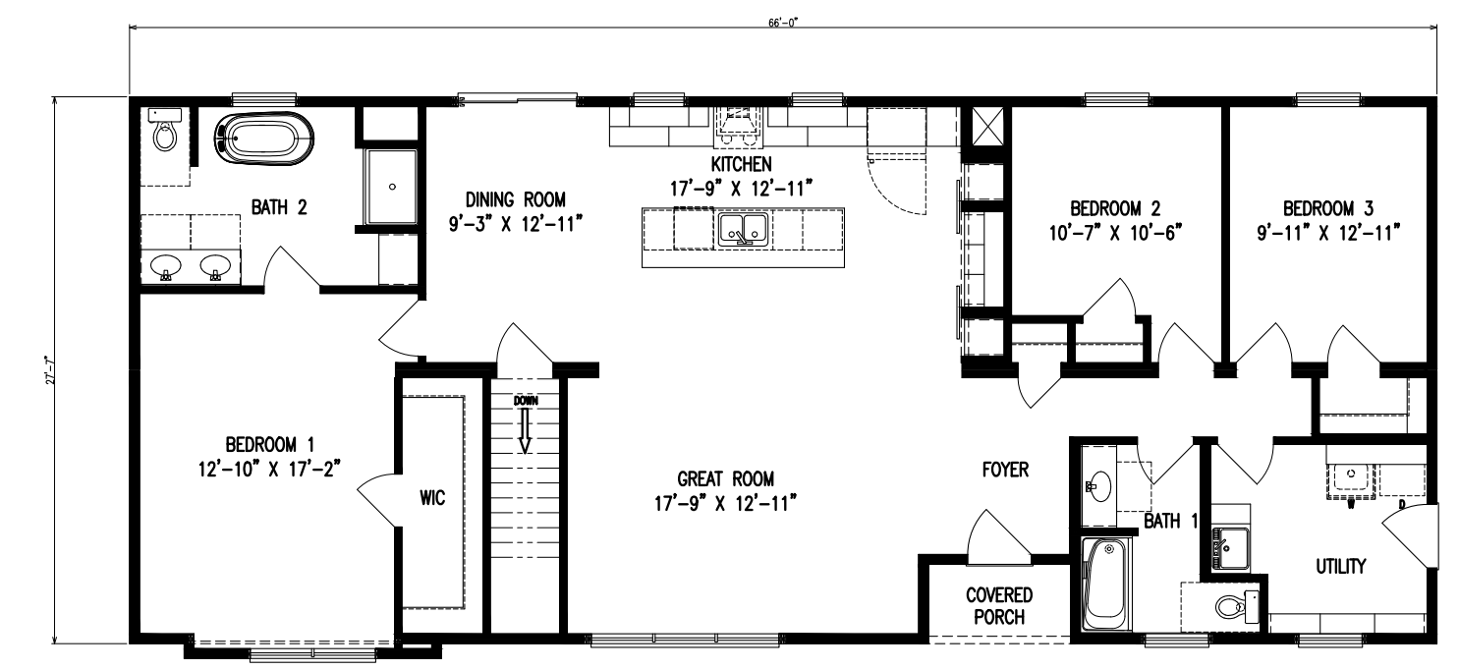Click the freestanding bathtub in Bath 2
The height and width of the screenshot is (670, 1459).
(263, 138)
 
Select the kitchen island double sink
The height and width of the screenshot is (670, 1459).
(743, 230)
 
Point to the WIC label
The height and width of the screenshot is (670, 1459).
(432, 498)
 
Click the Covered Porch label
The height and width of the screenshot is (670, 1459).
(999, 605)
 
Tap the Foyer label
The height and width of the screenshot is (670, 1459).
(1006, 470)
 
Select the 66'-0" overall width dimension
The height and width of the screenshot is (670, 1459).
(783, 23)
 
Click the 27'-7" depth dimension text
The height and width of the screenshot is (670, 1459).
(49, 370)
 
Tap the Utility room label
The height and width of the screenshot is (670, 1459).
(1341, 567)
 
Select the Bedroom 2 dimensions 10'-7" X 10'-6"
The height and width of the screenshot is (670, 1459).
(1115, 233)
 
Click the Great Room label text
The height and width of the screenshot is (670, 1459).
(726, 479)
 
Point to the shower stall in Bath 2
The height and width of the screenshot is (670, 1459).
(391, 187)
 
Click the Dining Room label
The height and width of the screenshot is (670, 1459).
(515, 199)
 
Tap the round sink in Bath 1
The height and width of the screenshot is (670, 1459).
(1099, 485)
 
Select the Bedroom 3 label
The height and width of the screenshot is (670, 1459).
(1328, 209)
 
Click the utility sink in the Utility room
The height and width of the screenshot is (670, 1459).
(1230, 548)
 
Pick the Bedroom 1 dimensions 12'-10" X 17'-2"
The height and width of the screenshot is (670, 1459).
(269, 469)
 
